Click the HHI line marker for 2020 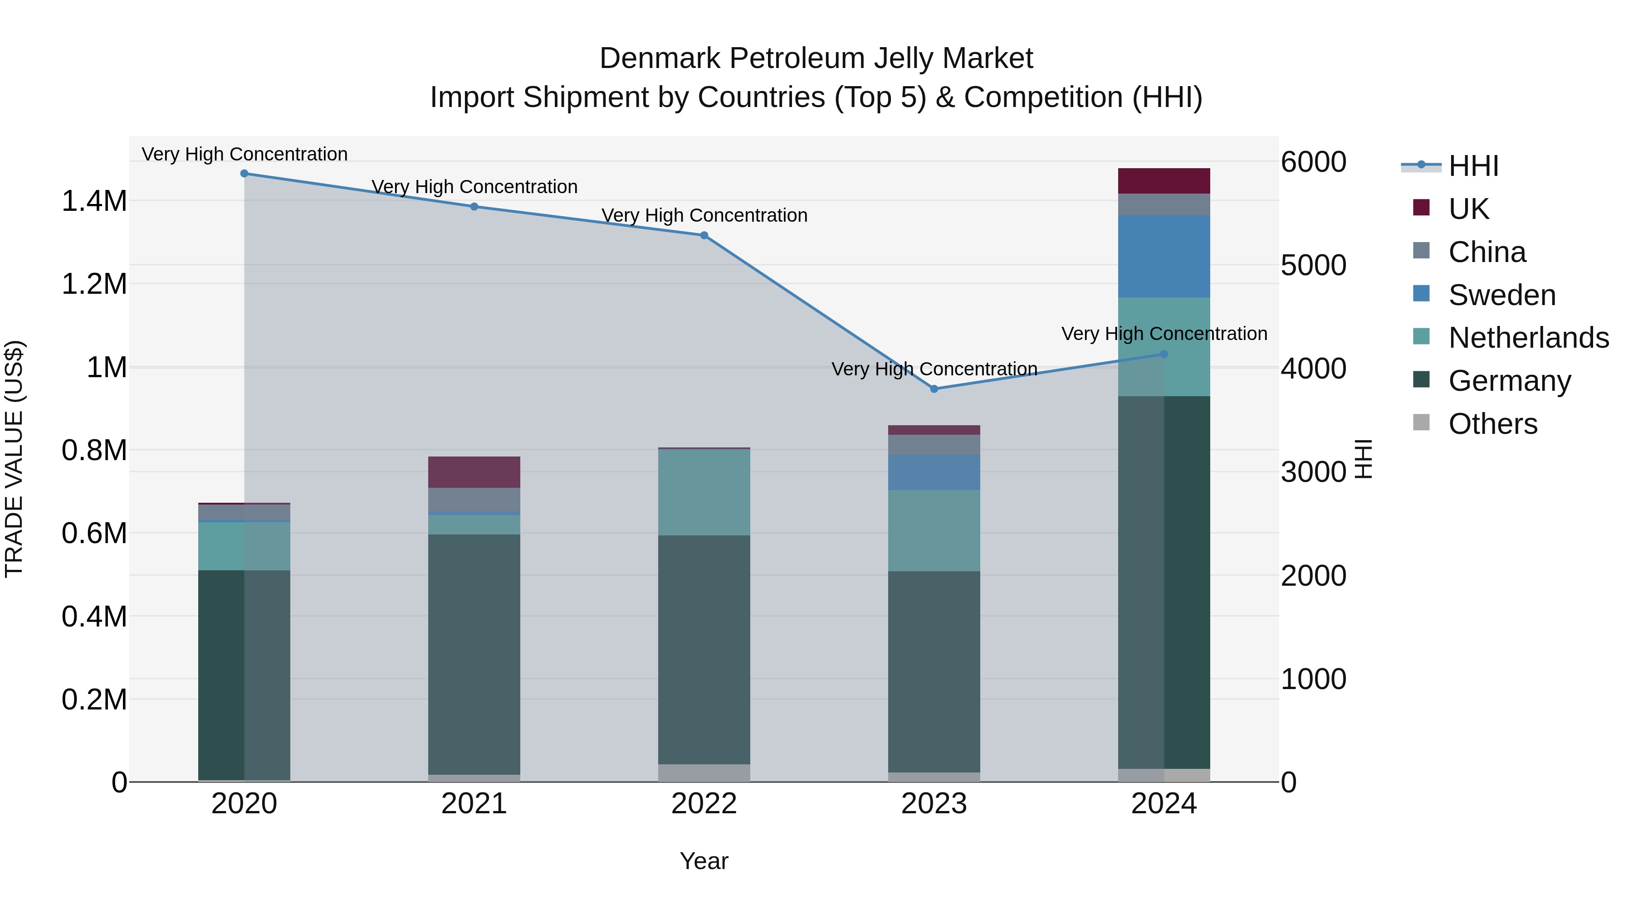(x=244, y=174)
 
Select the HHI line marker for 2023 (x=934, y=389)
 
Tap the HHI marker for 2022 (x=704, y=236)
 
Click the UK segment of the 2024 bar (x=1164, y=181)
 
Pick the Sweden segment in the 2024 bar (x=1164, y=257)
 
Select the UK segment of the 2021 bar (x=474, y=472)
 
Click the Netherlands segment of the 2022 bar (x=704, y=492)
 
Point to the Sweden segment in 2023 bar (x=934, y=472)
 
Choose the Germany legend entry (x=1509, y=381)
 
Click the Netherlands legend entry (x=1528, y=338)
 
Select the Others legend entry (x=1492, y=424)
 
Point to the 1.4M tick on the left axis (x=94, y=201)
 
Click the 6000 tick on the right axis (x=1314, y=162)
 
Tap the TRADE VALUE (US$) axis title (x=14, y=459)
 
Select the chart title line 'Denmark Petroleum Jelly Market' (x=816, y=58)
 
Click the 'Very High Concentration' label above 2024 (x=1164, y=334)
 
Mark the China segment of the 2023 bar (x=934, y=445)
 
